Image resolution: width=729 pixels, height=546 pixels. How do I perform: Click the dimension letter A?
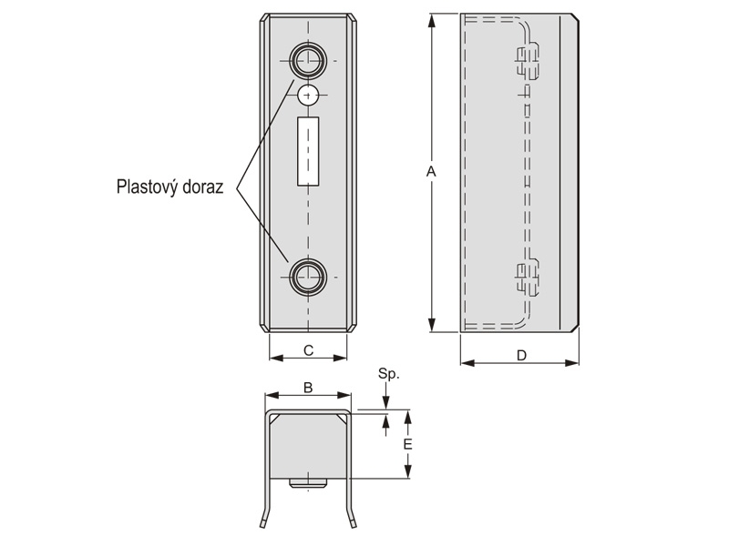[432, 172]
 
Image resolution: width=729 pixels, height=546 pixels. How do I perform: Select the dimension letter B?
[308, 388]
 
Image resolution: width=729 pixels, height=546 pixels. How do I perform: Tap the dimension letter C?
[308, 349]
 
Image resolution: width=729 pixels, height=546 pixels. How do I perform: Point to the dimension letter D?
[520, 356]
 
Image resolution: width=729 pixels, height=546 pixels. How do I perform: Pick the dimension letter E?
[408, 444]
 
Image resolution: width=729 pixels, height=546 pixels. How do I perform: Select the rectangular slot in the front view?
[308, 152]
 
